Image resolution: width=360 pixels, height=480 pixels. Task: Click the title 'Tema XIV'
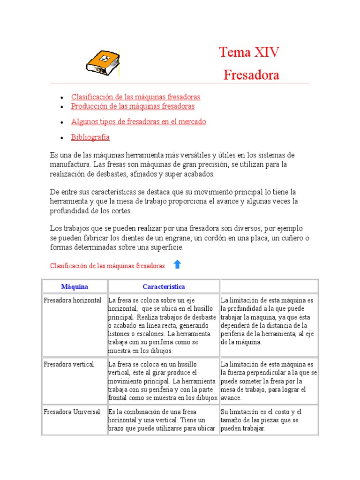249,52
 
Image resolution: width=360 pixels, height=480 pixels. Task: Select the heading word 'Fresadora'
251,75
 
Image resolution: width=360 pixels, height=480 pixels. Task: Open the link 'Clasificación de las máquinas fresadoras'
135,97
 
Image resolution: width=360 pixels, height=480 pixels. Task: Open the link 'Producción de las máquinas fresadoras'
133,106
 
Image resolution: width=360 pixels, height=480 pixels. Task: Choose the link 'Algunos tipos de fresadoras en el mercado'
138,122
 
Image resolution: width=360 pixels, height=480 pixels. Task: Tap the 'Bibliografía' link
90,137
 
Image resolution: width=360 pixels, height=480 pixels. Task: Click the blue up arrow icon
177,264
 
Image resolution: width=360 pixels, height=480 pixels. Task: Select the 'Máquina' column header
75,286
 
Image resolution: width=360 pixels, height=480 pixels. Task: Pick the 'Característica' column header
164,286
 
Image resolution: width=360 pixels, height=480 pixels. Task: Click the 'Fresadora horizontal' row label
72,300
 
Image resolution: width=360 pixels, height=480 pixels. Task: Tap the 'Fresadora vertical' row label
68,364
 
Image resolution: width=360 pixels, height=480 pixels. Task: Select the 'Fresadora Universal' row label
72,412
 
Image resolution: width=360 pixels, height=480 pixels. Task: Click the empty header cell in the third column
269,286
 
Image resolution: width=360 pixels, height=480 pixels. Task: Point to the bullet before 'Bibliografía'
62,138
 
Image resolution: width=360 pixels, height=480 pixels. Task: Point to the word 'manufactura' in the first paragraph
70,165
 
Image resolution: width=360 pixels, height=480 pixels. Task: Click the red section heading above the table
107,266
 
